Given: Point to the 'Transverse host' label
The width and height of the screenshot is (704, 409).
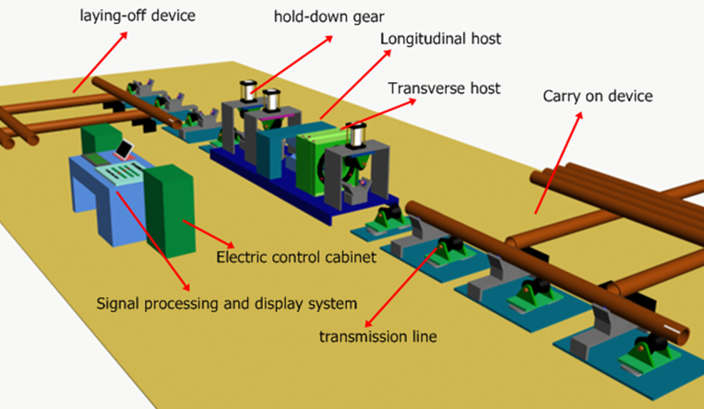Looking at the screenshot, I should click(445, 88).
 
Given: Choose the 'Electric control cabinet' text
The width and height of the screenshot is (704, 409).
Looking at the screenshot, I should click(295, 258).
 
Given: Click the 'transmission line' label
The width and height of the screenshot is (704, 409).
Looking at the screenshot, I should click(377, 337).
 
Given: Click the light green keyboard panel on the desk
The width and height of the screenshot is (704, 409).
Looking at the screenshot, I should click(118, 174).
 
